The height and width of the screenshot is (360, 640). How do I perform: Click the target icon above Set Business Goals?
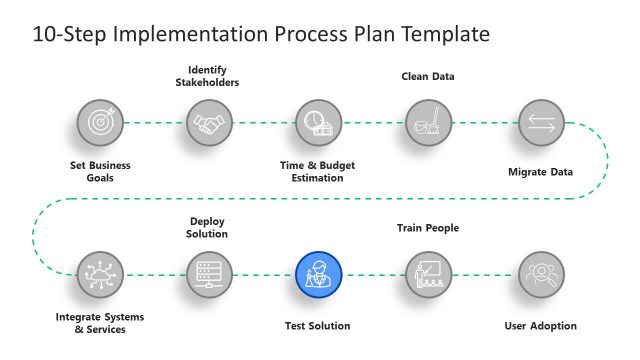pyautogui.click(x=100, y=123)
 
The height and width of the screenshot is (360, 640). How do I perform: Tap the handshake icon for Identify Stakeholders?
pyautogui.click(x=209, y=123)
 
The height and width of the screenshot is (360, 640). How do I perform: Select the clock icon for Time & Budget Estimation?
pyautogui.click(x=319, y=123)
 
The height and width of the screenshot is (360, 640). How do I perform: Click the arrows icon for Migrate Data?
pyautogui.click(x=541, y=123)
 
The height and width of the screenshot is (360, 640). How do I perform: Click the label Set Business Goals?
pyautogui.click(x=100, y=171)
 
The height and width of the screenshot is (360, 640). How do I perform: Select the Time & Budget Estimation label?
pyautogui.click(x=318, y=171)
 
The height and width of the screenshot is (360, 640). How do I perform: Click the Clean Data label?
pyautogui.click(x=428, y=76)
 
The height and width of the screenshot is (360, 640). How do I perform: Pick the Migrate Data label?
pyautogui.click(x=541, y=171)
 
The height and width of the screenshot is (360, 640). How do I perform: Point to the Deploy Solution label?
pyautogui.click(x=209, y=227)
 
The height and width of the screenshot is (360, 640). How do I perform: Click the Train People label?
pyautogui.click(x=428, y=228)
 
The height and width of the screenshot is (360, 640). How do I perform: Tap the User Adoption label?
pyautogui.click(x=541, y=326)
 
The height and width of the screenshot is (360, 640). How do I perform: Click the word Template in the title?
pyautogui.click(x=444, y=34)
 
